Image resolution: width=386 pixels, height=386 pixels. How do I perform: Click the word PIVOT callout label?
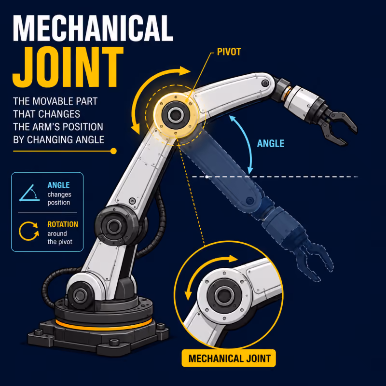tap(229, 52)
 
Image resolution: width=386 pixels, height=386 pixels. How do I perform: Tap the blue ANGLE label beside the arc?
tap(271, 143)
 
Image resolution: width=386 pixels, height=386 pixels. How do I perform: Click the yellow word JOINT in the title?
tap(68, 67)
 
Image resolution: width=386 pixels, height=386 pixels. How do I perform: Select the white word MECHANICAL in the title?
tap(93, 28)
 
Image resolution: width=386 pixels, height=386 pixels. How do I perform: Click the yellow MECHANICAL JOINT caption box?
tap(229, 358)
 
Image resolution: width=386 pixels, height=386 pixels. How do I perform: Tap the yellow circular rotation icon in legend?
tap(29, 231)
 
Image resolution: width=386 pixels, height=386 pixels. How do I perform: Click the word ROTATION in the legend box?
tap(63, 224)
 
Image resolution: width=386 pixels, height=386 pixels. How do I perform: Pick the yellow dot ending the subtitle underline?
tap(113, 151)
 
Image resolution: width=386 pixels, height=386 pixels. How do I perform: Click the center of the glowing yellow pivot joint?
tap(176, 114)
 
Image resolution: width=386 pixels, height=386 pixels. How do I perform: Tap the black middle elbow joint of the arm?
tap(114, 226)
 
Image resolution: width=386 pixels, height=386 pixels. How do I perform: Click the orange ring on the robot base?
tap(104, 325)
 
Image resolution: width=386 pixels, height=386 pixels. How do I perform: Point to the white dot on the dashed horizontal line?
tap(207, 177)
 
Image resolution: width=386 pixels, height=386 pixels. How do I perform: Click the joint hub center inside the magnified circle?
tap(224, 296)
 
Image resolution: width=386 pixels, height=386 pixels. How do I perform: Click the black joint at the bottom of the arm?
tap(80, 295)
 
